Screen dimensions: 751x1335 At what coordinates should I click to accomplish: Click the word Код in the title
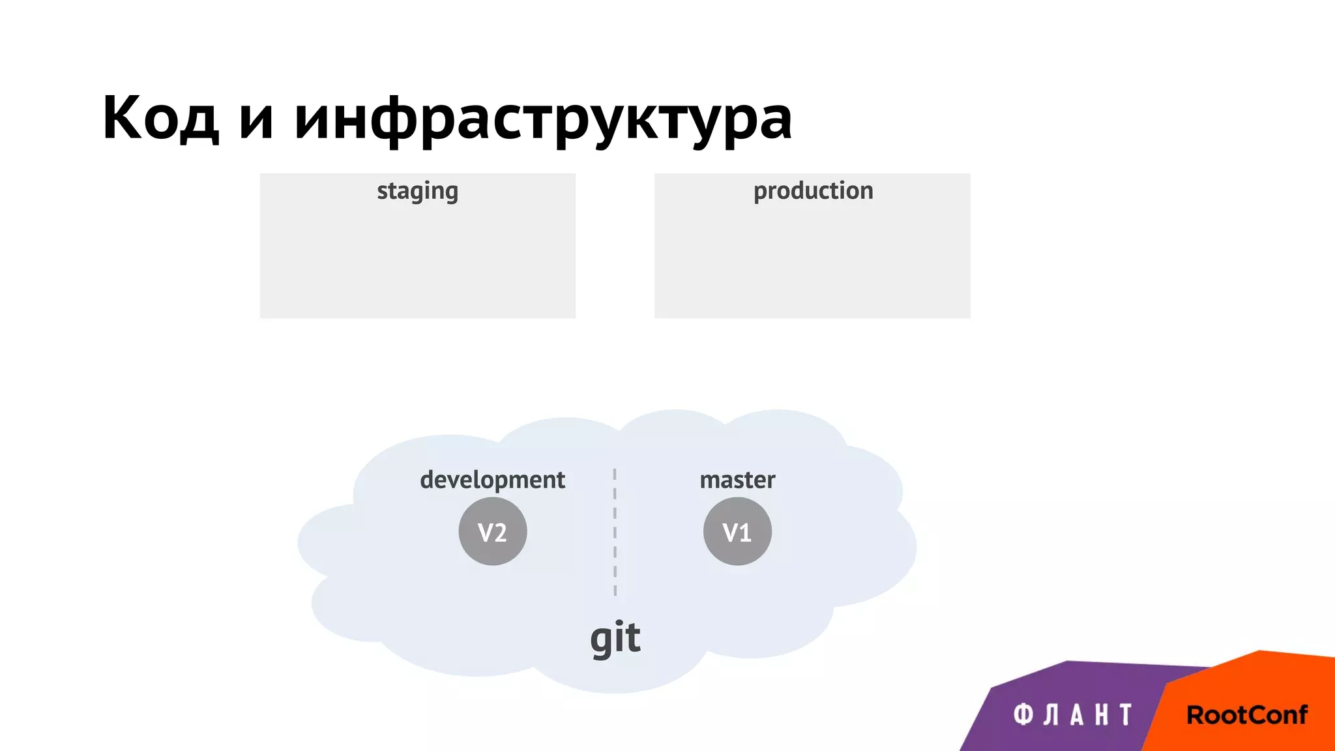[x=160, y=117]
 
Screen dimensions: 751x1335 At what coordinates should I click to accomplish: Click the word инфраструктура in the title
[x=542, y=119]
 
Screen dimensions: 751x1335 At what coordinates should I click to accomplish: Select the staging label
[x=417, y=191]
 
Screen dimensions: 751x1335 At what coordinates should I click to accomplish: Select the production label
[x=813, y=191]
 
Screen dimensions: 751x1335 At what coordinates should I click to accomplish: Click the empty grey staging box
[x=417, y=261]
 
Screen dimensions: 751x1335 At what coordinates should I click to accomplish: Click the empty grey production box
[x=812, y=261]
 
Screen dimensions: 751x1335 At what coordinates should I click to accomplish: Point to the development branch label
[x=492, y=480]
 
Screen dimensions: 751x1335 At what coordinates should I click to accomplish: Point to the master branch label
[x=737, y=480]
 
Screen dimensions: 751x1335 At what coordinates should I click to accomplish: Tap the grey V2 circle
[x=493, y=531]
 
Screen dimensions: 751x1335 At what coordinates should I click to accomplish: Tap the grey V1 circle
[x=737, y=531]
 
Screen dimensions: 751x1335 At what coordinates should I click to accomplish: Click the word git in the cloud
[x=615, y=638]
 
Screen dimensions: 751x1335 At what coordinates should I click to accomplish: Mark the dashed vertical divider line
[x=615, y=531]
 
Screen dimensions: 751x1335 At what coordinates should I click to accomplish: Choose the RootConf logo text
[x=1246, y=715]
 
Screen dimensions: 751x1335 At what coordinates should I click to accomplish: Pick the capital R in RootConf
[x=1196, y=715]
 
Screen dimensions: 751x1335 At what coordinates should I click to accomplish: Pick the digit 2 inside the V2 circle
[x=500, y=533]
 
